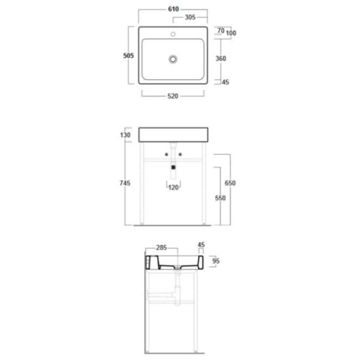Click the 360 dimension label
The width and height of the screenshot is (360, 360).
(222, 59)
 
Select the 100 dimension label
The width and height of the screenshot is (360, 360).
(231, 32)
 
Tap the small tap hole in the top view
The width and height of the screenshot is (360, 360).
(174, 34)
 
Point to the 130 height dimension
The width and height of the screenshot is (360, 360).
(125, 135)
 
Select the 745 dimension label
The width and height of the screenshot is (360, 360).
(125, 184)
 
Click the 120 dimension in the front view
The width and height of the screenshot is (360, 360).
(174, 188)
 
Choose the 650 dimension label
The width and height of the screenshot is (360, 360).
(230, 184)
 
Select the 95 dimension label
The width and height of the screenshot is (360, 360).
(215, 261)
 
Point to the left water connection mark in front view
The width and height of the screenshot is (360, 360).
(166, 155)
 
